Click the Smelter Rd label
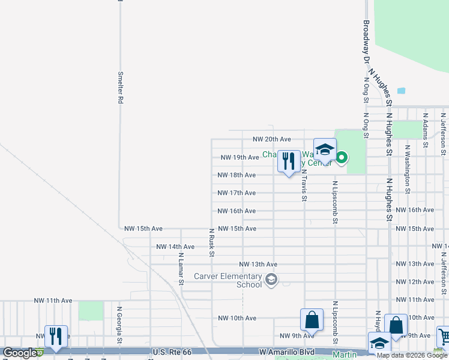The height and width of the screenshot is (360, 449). [121, 88]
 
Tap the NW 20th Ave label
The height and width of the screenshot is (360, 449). [271, 139]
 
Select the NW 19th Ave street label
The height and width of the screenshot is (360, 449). [240, 157]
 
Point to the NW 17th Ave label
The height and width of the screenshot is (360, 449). [237, 193]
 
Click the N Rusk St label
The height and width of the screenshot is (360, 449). [211, 242]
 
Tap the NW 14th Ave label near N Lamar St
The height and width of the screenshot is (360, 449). [175, 247]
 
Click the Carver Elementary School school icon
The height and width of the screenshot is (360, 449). [271, 280]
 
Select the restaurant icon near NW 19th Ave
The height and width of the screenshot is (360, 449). [289, 161]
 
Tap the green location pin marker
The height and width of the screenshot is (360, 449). [342, 158]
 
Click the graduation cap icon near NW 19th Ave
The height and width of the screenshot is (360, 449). [325, 150]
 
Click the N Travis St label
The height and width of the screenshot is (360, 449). [304, 184]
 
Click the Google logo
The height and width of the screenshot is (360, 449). [20, 353]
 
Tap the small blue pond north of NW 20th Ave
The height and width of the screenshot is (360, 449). [401, 91]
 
